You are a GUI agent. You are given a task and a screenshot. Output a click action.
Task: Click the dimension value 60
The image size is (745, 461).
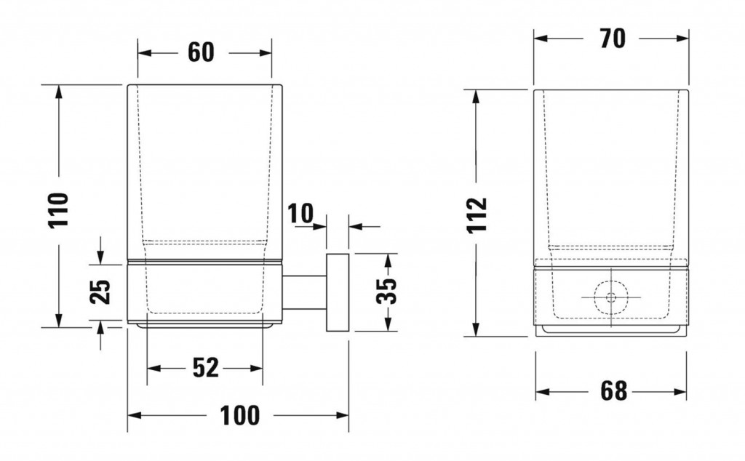point(201,52)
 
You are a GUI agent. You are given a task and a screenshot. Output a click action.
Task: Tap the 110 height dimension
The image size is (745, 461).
point(59,210)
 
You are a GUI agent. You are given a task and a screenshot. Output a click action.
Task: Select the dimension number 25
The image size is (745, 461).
point(100,291)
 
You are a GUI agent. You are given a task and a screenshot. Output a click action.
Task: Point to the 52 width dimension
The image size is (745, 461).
point(206,368)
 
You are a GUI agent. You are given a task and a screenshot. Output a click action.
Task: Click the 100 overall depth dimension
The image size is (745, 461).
point(240,415)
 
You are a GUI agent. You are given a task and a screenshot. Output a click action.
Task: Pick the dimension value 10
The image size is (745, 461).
point(300,213)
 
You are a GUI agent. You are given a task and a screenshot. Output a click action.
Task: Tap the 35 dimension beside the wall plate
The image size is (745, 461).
point(386,291)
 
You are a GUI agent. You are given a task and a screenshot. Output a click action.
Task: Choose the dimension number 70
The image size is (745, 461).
point(613,39)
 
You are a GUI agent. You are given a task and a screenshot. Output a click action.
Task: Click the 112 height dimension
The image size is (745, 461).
point(477,215)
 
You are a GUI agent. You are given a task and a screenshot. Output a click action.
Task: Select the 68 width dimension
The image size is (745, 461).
point(614,391)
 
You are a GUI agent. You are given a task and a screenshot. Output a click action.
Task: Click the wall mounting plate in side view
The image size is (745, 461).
point(338,292)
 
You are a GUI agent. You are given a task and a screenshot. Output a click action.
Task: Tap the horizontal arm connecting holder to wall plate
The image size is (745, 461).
point(304,292)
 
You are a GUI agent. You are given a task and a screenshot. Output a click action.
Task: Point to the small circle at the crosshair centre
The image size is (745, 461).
point(611,297)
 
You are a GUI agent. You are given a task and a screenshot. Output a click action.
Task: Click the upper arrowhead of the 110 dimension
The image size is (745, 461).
point(59,92)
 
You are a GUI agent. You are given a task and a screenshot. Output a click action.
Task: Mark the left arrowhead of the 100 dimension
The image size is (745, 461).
point(135,415)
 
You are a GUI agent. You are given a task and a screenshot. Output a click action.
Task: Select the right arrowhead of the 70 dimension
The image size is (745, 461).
point(681,39)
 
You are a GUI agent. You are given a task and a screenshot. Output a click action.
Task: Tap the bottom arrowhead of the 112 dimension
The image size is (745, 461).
point(476,329)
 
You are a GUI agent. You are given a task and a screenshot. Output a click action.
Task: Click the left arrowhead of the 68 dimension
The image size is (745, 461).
point(543,392)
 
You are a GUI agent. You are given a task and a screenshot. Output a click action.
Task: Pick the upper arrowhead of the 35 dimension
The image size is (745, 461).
point(389,260)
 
